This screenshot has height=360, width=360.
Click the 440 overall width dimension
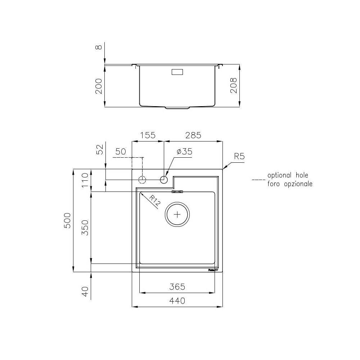pyautogui.click(x=177, y=301)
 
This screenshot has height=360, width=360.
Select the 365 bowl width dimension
pyautogui.click(x=177, y=287)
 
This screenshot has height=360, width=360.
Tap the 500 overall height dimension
pyautogui.click(x=68, y=220)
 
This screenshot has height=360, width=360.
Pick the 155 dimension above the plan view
pyautogui.click(x=148, y=135)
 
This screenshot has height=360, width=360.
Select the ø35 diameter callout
pyautogui.click(x=184, y=152)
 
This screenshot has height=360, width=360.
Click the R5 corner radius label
pyautogui.click(x=239, y=156)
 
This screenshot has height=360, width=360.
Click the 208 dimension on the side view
pyautogui.click(x=234, y=86)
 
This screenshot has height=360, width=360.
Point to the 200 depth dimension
pyautogui.click(x=99, y=86)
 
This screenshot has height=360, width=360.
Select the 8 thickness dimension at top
pyautogui.click(x=99, y=46)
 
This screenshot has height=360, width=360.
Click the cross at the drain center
pyautogui.click(x=177, y=215)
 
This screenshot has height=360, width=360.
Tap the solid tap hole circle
pyautogui.click(x=164, y=179)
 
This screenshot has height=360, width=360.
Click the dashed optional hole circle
pyautogui.click(x=143, y=179)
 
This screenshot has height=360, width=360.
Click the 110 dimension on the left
pyautogui.click(x=85, y=180)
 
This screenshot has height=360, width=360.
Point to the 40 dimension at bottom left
pyautogui.click(x=85, y=291)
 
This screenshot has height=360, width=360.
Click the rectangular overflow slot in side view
pyautogui.click(x=177, y=72)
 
